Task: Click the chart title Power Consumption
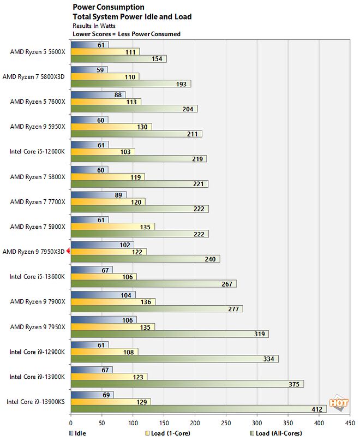click(x=109, y=7)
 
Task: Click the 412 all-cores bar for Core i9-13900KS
click(x=199, y=408)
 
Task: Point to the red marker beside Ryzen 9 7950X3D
click(x=69, y=251)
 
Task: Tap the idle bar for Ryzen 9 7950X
click(x=104, y=319)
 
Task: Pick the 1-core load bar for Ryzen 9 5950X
click(x=111, y=127)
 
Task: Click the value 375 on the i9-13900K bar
click(x=293, y=384)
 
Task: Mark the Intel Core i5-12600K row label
click(x=37, y=151)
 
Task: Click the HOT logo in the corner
click(x=338, y=405)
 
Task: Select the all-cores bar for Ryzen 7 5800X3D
click(x=131, y=84)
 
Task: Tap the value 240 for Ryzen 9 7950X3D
click(x=210, y=259)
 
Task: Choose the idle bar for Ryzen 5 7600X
click(x=98, y=94)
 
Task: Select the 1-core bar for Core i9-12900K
click(x=104, y=352)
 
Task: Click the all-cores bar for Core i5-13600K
click(x=153, y=284)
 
